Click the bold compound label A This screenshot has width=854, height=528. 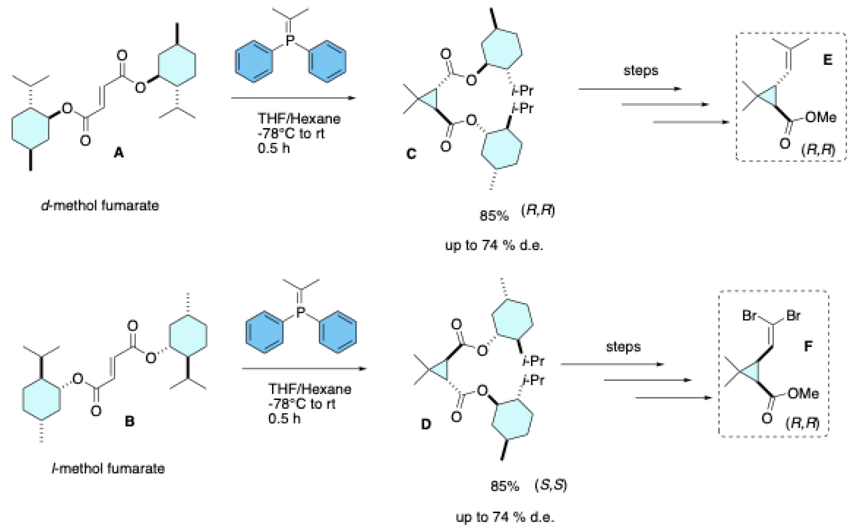119,153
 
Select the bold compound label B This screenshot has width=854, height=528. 129,422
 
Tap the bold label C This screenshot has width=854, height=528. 412,154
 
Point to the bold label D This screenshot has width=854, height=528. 426,424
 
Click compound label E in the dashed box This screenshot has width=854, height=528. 827,60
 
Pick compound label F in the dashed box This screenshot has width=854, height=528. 808,346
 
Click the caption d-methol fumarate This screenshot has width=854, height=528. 100,205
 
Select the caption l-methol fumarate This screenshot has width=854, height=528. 108,468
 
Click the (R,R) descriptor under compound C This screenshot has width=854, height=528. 538,211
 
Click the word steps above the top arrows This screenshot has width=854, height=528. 641,70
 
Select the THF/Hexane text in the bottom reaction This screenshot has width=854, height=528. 310,389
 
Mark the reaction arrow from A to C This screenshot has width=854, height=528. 293,98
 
